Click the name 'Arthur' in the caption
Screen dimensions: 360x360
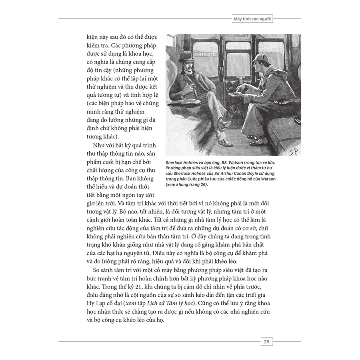point(248,174)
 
